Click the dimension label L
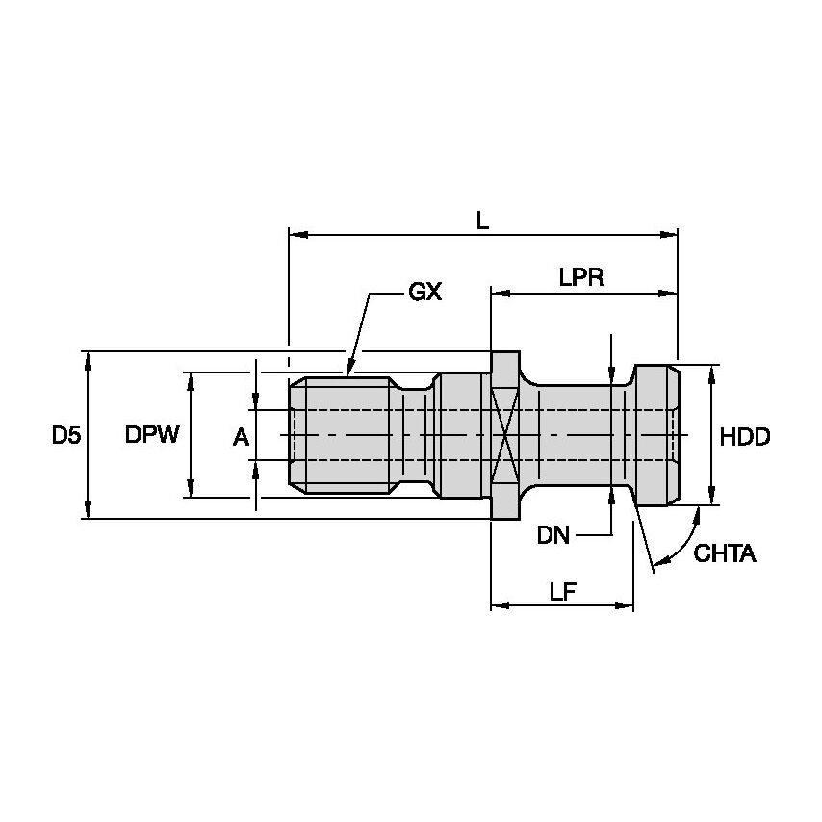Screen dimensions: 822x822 [x=483, y=219]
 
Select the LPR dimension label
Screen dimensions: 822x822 [x=580, y=277]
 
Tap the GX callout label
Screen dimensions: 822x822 [x=424, y=292]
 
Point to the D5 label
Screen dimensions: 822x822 [x=66, y=436]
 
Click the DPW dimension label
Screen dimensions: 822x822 [x=152, y=436]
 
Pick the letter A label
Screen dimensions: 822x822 [x=241, y=438]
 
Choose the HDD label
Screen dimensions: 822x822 [x=745, y=437]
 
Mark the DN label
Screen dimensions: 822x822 [x=553, y=536]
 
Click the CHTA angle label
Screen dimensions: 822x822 [x=725, y=554]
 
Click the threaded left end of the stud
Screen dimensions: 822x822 [x=337, y=436]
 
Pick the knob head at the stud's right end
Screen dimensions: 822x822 [x=655, y=436]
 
